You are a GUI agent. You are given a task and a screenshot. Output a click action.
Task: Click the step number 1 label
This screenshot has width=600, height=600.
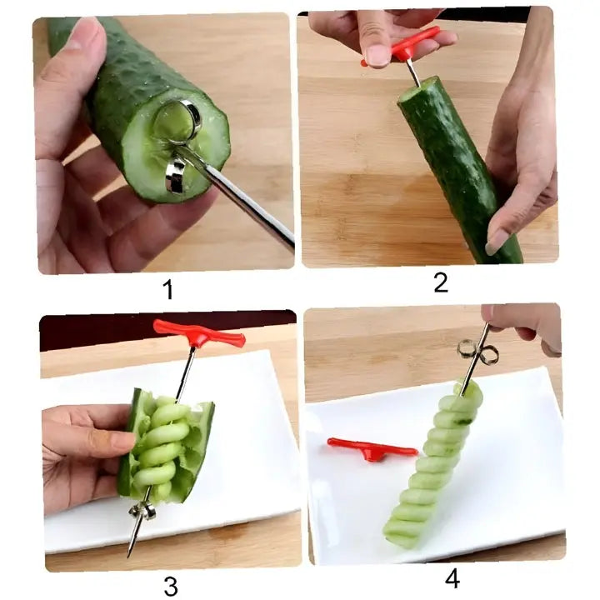[x=168, y=290]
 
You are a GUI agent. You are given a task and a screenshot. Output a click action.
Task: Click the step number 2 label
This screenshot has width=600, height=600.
[x=441, y=282]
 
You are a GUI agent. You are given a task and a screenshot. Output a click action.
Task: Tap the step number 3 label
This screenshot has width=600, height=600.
[x=170, y=586]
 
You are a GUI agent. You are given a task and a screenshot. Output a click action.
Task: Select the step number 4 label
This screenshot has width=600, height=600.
[x=452, y=577]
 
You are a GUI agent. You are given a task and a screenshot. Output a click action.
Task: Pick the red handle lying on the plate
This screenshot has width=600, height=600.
[x=371, y=449]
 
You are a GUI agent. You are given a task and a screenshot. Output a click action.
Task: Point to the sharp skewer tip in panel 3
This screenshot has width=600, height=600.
[x=131, y=550]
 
